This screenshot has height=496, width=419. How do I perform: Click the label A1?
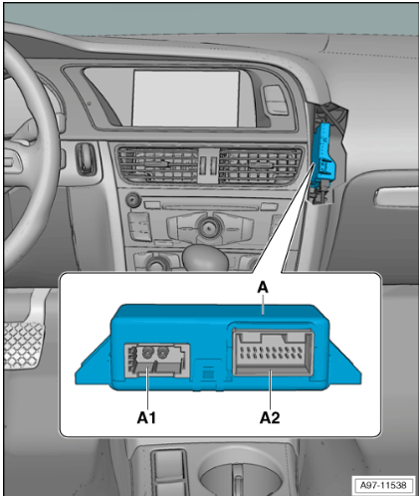pos(146,417)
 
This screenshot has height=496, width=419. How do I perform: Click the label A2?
pos(270,417)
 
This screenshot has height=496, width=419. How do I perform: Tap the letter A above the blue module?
pos(263,288)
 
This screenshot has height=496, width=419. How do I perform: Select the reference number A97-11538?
pos(383,485)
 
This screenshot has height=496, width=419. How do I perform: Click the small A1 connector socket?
pos(157,361)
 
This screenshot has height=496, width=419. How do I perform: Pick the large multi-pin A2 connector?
pos(273,353)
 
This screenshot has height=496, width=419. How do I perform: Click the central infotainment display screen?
pos(186,99)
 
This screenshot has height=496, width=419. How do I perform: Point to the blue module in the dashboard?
pos(323,156)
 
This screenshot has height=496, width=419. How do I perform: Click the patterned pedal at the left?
pos(23,345)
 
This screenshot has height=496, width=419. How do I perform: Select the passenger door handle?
pos(396,197)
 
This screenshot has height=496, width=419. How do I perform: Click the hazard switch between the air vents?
pos(209,165)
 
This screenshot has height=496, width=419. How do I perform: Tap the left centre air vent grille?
pos(158,164)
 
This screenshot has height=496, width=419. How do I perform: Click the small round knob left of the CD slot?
pos(133,200)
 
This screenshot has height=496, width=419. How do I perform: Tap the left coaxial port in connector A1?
pos(146,353)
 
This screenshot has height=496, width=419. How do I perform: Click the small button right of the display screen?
pos(275,100)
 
